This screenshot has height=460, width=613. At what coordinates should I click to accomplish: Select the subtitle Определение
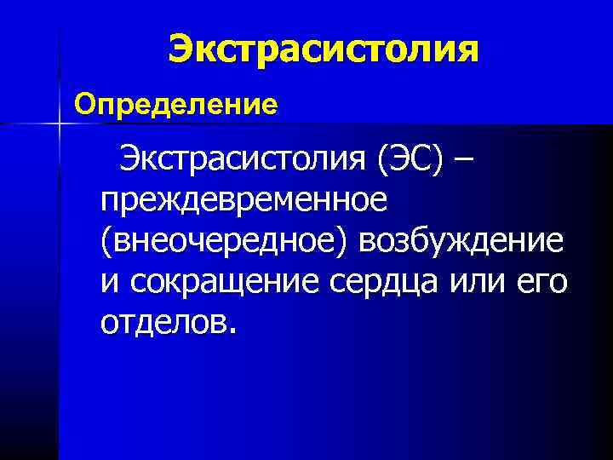click(176, 105)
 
